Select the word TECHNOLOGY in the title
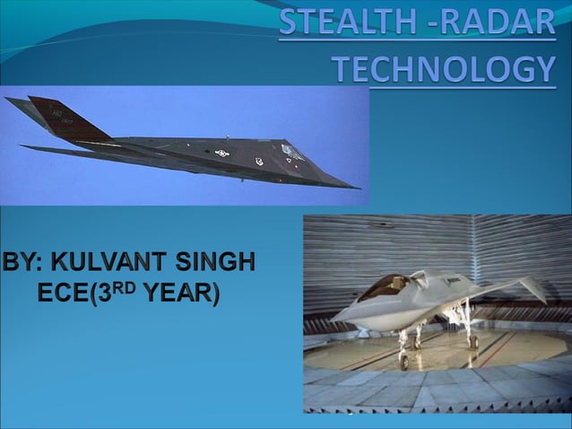(444, 68)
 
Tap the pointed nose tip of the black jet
(358, 188)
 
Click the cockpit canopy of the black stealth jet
(292, 150)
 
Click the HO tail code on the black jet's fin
(56, 114)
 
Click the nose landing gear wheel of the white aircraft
(403, 362)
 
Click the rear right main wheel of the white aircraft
(473, 342)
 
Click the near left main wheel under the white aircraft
(417, 343)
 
